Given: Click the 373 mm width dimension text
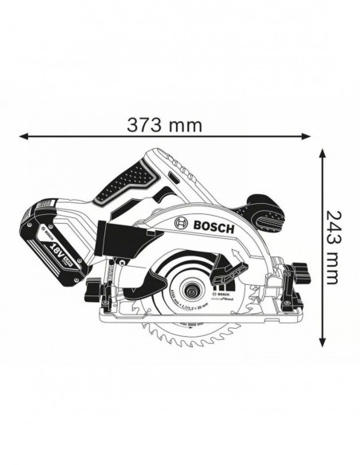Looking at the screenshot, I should click(x=164, y=125).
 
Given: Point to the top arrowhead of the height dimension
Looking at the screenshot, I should click(x=321, y=151).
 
